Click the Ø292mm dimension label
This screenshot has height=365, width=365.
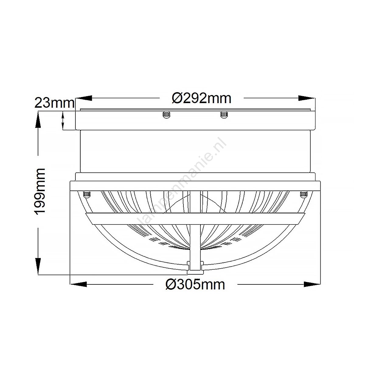pyautogui.click(x=202, y=99)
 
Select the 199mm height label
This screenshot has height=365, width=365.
pyautogui.click(x=40, y=192)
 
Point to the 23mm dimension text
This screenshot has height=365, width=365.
pyautogui.click(x=54, y=103)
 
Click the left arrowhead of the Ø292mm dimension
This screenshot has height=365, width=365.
pyautogui.click(x=84, y=98)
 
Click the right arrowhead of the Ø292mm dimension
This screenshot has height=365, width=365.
pyautogui.click(x=307, y=98)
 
